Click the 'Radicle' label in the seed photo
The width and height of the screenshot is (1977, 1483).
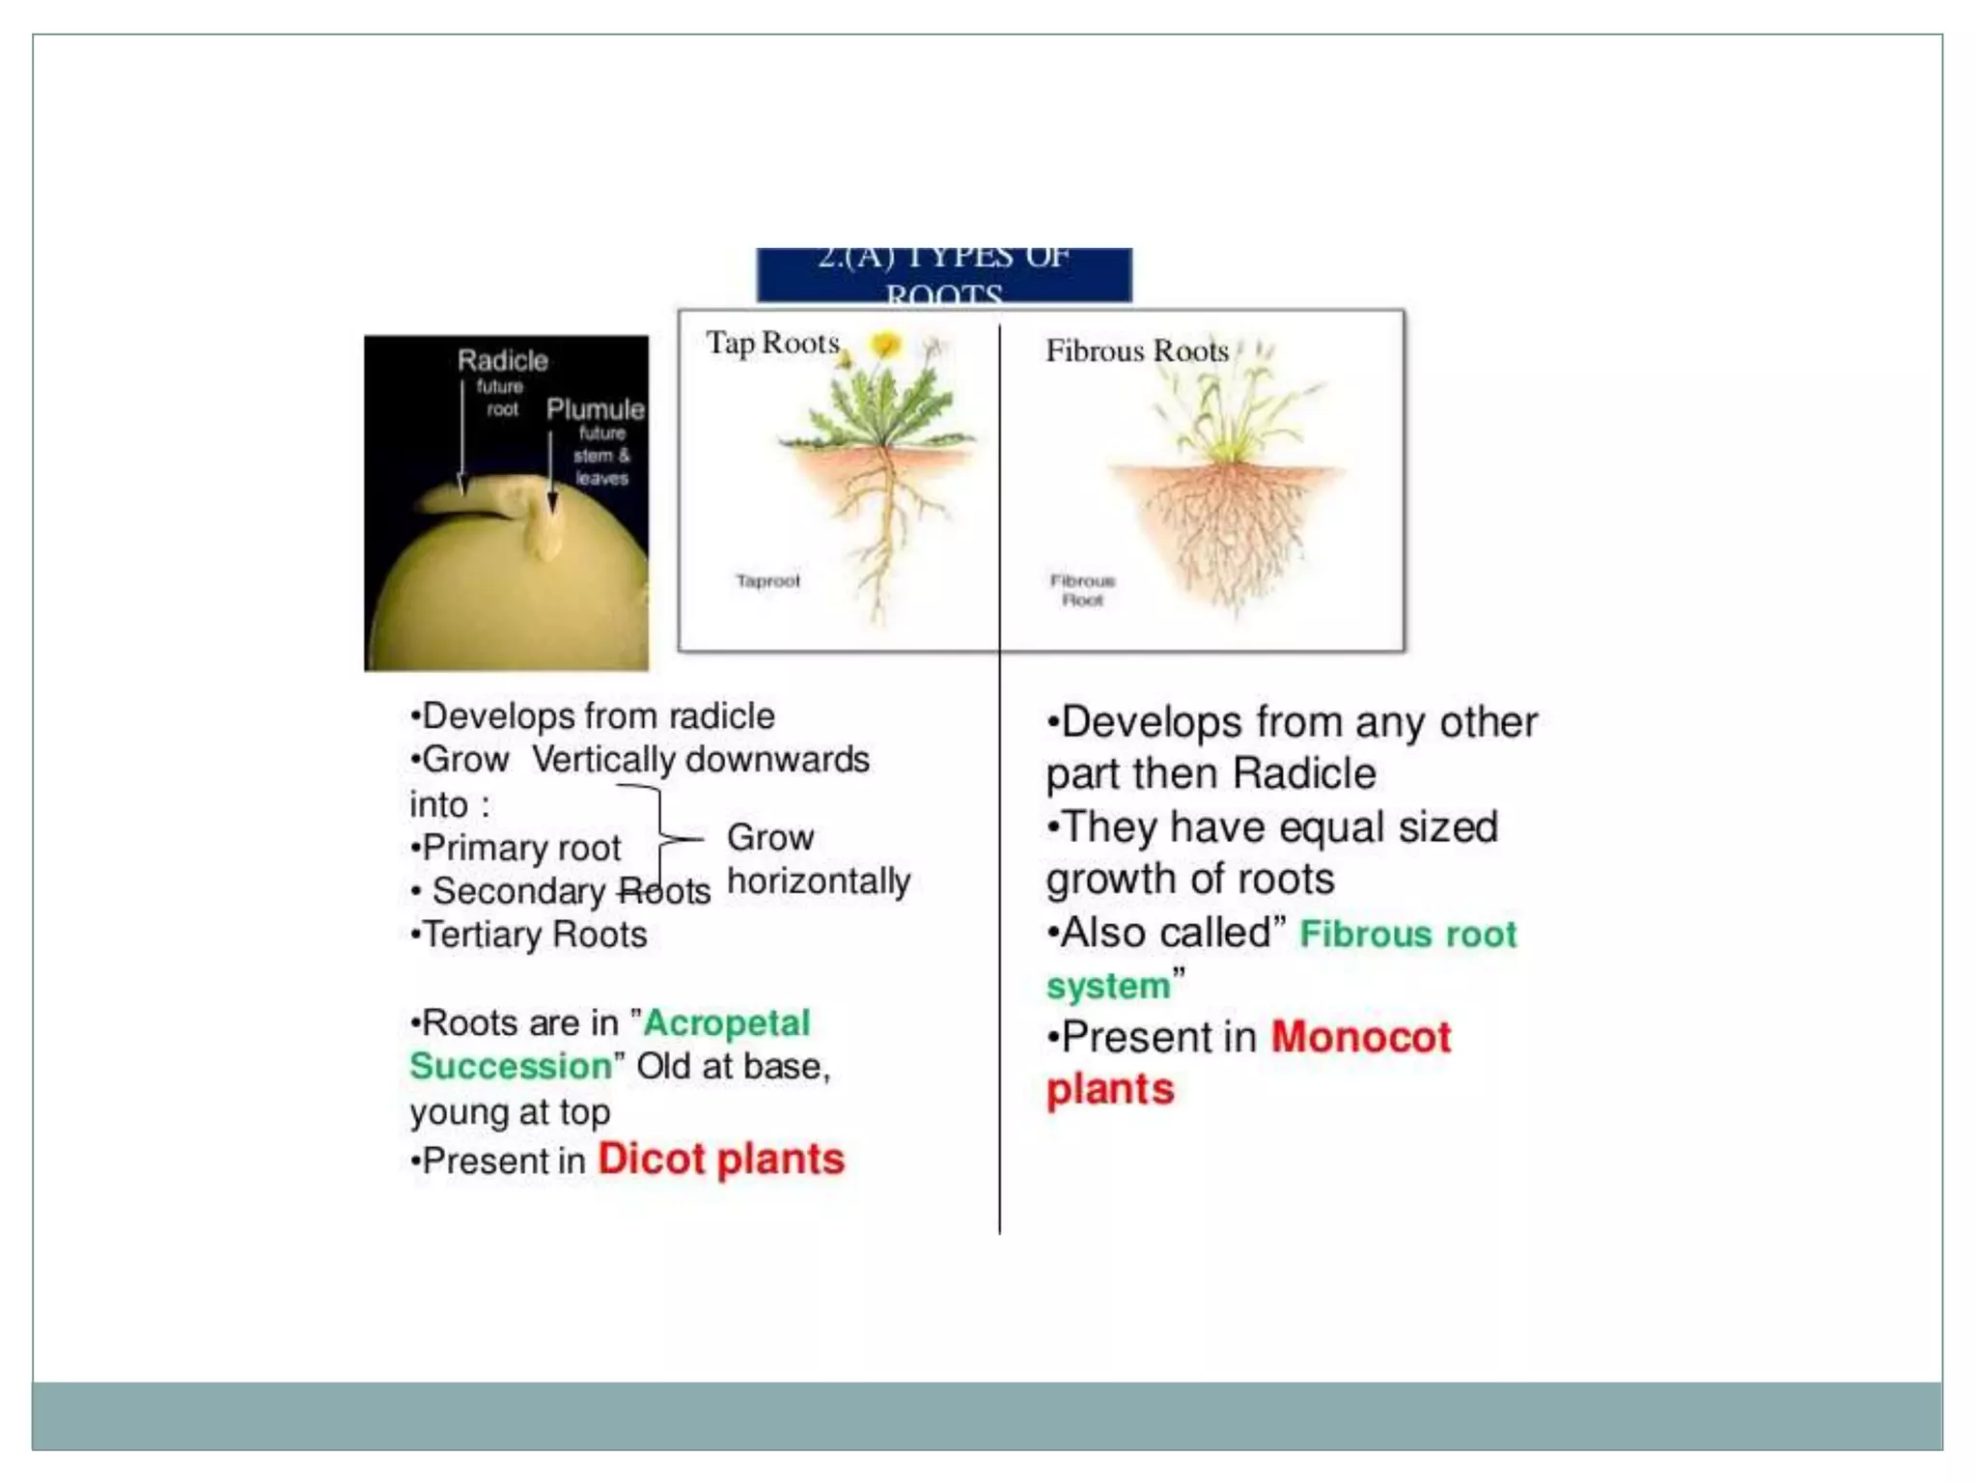pos(502,360)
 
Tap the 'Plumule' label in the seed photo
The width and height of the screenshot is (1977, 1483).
pos(595,408)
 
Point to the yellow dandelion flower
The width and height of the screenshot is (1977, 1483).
pos(885,344)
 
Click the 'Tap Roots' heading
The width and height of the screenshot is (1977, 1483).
pos(772,343)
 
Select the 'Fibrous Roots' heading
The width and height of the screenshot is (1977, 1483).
pos(1136,350)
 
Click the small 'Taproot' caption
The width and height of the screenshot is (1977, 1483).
pos(767,580)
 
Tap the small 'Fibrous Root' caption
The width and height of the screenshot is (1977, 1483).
pos(1082,590)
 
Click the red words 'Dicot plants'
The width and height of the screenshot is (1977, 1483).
pos(720,1159)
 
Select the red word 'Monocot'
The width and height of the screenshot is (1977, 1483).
pos(1360,1037)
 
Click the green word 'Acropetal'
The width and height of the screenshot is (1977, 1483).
pos(726,1022)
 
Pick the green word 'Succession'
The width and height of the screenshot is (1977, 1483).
pos(511,1066)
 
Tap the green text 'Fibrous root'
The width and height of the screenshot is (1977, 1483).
pos(1407,934)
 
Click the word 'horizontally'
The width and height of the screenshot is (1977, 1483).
pos(819,881)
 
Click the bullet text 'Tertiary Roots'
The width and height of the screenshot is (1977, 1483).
pos(534,935)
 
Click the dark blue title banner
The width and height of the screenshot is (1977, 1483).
pos(943,275)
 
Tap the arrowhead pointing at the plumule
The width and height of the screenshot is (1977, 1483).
pos(552,503)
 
